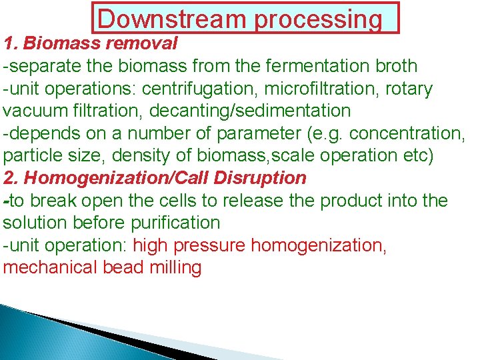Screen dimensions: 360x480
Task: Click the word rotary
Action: pos(409,89)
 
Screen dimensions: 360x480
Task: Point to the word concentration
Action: pos(405,134)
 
